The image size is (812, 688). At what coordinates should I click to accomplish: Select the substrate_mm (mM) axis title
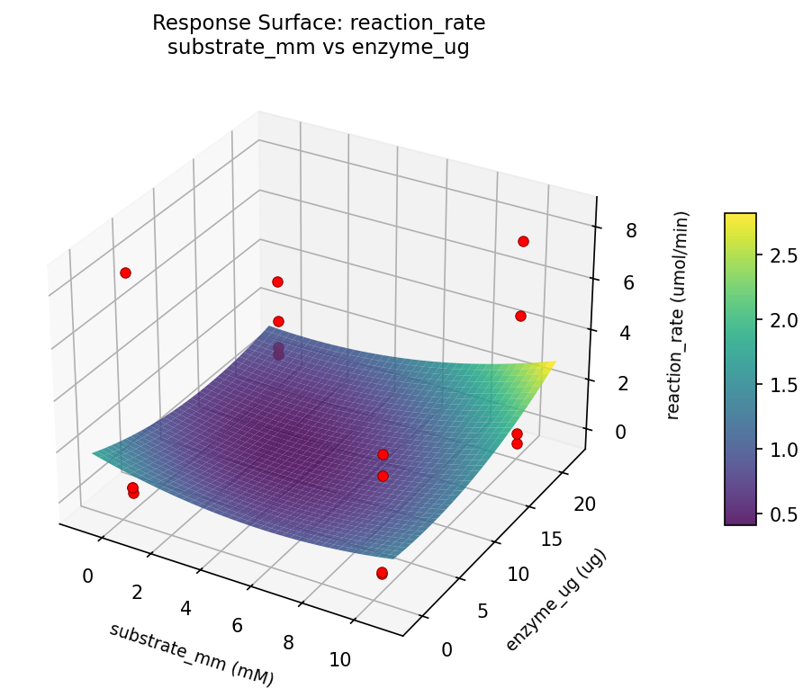[191, 655]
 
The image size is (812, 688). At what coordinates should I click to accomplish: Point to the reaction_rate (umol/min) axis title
[682, 316]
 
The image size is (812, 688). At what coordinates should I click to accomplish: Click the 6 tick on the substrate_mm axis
[239, 625]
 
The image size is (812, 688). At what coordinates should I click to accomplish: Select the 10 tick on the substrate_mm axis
[339, 659]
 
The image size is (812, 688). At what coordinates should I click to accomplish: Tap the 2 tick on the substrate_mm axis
[138, 591]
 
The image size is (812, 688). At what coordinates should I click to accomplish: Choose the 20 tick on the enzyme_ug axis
[584, 505]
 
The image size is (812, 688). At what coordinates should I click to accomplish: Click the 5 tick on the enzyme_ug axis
[488, 612]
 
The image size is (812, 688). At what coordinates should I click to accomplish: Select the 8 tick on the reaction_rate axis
[630, 230]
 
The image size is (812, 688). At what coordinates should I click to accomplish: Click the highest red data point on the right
[523, 241]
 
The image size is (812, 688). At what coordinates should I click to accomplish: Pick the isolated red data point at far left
[125, 273]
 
